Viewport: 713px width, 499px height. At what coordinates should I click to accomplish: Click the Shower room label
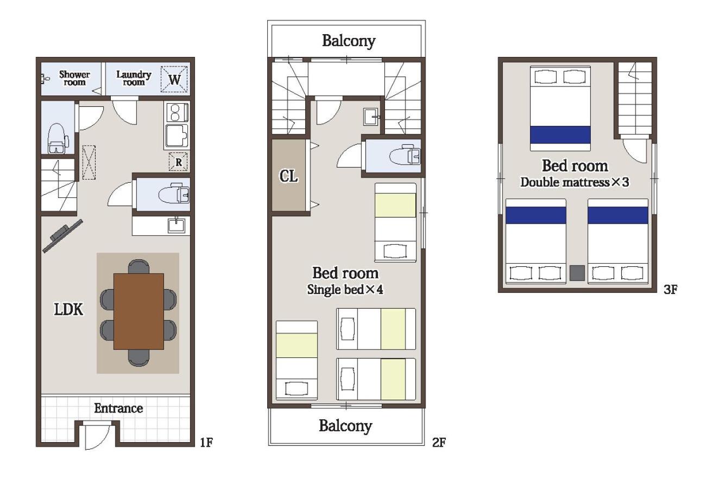(74, 78)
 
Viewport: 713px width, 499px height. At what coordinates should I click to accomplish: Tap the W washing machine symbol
(174, 79)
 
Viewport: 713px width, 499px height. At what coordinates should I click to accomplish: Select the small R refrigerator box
(178, 162)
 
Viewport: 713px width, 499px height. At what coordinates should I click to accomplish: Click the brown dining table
(139, 311)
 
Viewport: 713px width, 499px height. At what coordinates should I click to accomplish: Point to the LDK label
(68, 309)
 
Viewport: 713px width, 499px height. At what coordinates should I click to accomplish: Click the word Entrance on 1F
(118, 408)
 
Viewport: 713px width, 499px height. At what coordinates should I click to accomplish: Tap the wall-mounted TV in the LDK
(62, 236)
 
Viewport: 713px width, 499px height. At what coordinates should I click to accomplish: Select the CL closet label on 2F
(288, 176)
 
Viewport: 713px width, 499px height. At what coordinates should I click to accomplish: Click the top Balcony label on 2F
(349, 41)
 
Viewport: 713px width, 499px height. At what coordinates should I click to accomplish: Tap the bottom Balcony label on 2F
(346, 426)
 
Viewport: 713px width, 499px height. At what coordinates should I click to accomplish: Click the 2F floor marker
(439, 443)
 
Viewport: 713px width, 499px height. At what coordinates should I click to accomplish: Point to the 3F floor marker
(670, 290)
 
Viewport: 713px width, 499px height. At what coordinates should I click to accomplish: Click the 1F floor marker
(206, 443)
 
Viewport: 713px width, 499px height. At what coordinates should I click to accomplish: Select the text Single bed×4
(345, 290)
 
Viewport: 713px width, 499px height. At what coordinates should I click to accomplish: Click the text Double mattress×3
(575, 182)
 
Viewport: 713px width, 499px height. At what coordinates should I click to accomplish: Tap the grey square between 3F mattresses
(577, 273)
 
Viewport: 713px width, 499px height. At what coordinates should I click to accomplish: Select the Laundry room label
(134, 78)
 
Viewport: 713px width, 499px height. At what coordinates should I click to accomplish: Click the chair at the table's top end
(139, 266)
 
